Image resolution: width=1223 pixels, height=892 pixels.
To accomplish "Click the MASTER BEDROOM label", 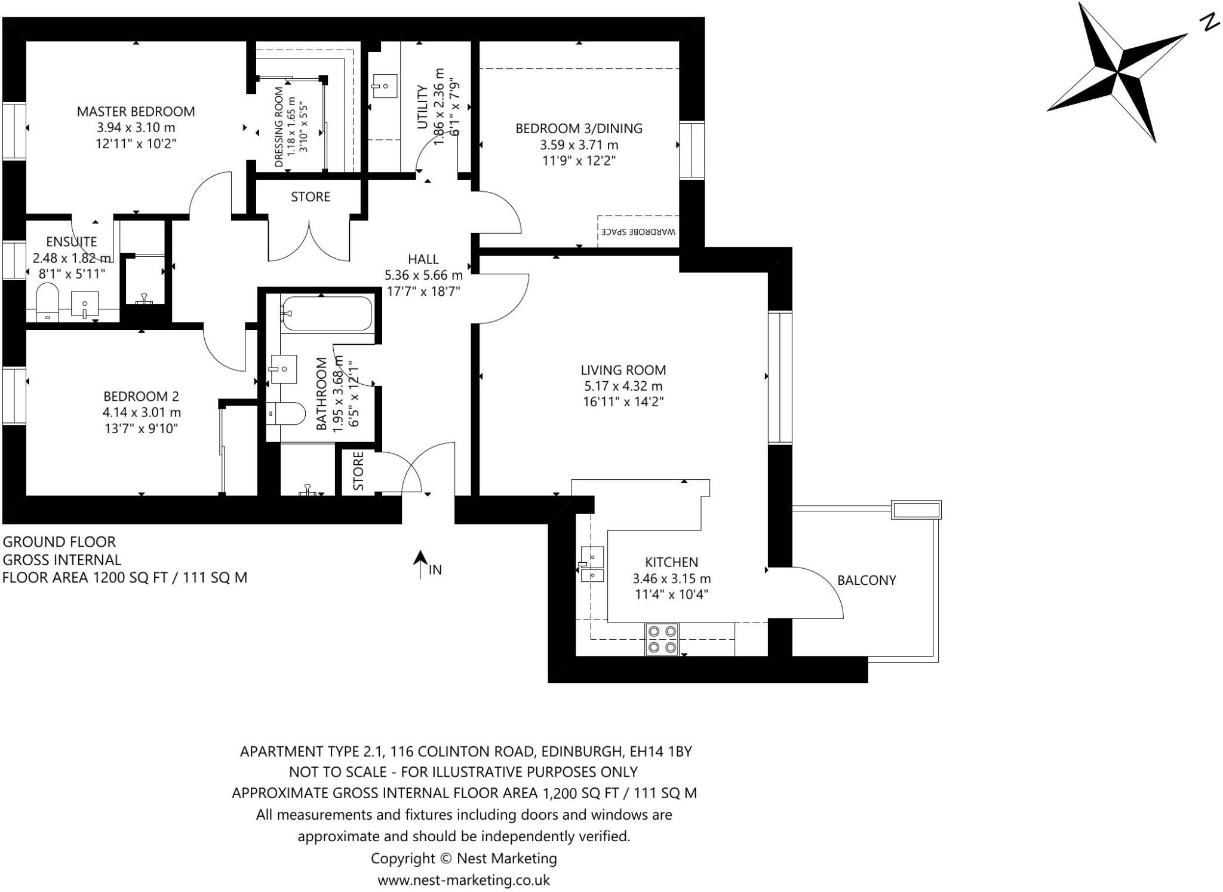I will tap(136, 111).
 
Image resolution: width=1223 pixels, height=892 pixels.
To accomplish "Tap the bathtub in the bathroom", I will tap(327, 313).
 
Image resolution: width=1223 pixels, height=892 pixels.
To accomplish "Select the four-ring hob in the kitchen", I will tap(662, 639).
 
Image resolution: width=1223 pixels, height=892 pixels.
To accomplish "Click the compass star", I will tap(1117, 72).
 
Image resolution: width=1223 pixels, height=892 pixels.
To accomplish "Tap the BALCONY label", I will tap(866, 580).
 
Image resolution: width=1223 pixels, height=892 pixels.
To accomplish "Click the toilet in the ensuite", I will tap(47, 302).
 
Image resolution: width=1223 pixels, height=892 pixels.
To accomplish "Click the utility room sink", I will tap(384, 86).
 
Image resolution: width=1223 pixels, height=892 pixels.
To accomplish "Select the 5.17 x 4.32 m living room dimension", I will tap(623, 386).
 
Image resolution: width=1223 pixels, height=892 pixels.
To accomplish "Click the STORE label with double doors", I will tap(310, 197).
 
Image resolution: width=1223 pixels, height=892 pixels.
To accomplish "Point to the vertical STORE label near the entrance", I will tap(358, 471).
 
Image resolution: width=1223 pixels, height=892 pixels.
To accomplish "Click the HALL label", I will tap(423, 259).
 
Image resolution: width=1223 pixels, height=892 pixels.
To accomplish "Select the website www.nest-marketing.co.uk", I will tap(463, 879).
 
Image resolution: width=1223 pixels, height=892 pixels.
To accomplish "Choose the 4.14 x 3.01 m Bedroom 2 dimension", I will tap(141, 412).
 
